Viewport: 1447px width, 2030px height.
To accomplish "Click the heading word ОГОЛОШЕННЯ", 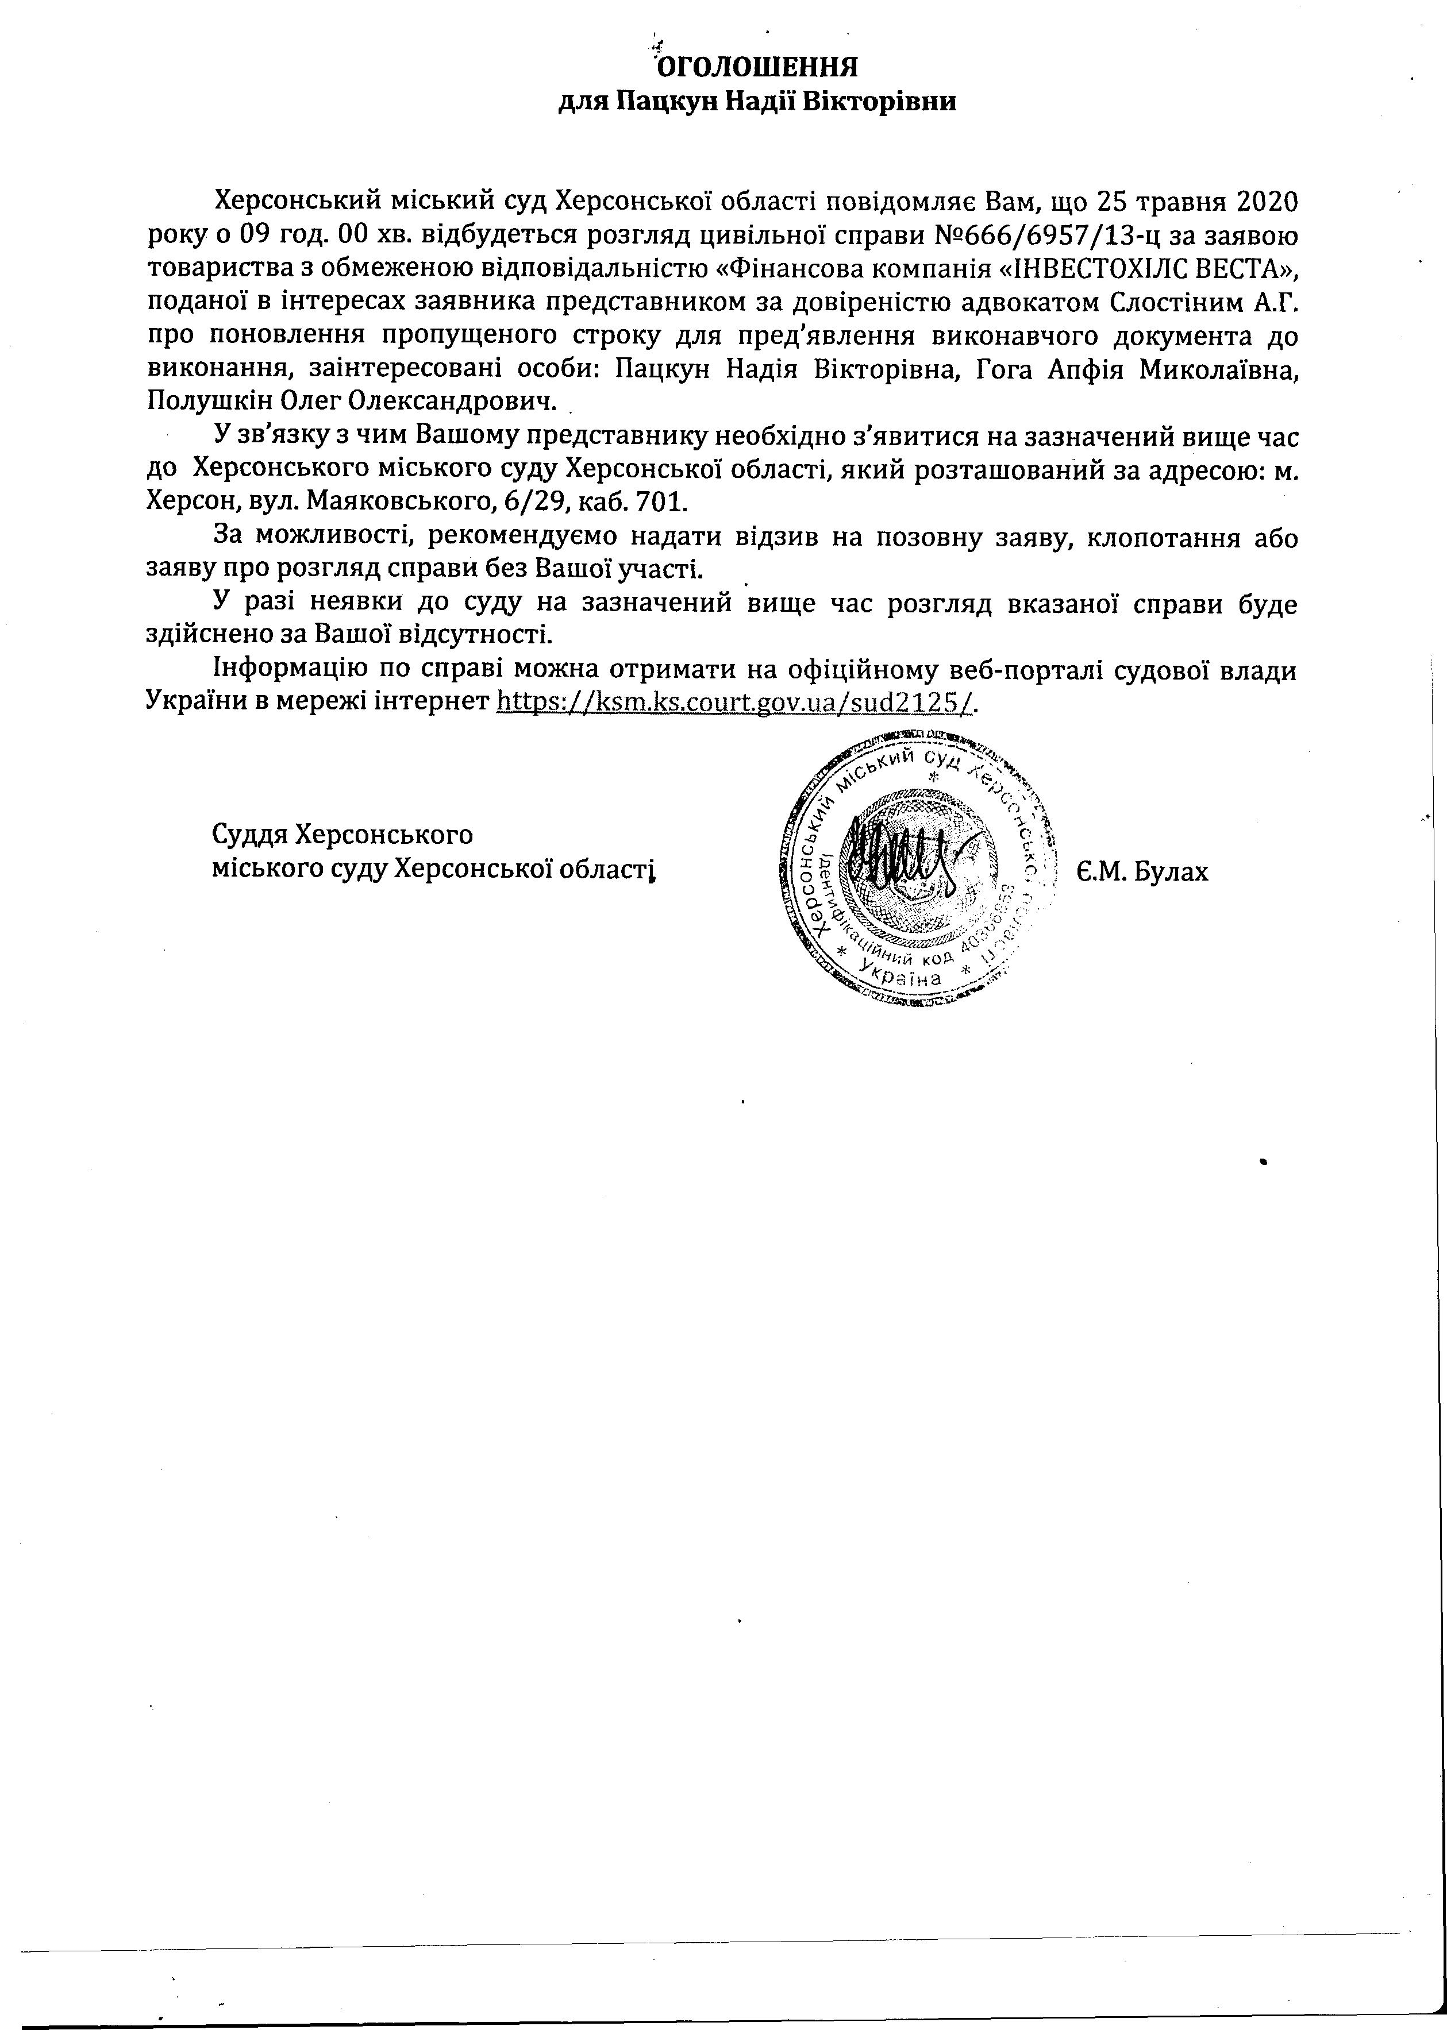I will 756,68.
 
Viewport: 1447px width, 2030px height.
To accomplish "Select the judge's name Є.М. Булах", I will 1141,871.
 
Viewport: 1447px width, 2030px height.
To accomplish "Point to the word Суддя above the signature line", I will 249,835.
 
